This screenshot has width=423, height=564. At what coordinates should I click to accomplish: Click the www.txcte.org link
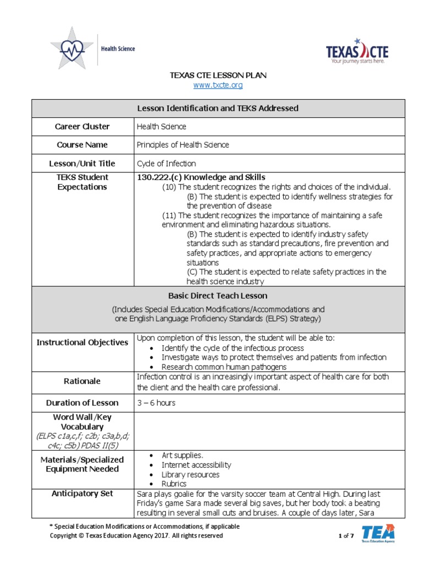pos(218,85)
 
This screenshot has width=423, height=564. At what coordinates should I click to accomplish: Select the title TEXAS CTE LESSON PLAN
pos(218,75)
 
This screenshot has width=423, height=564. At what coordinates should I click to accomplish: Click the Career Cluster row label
pos(82,126)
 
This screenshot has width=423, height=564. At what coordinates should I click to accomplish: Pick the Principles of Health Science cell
pos(183,145)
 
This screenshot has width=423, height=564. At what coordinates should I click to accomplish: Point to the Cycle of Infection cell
pos(166,164)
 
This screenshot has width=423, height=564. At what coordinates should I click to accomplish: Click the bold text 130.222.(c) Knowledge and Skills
pos(201,177)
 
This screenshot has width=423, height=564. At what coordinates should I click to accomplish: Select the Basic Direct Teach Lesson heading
pos(218,296)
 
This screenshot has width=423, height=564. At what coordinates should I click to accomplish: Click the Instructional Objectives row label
pos(82,343)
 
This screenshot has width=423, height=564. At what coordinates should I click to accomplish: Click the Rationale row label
pos(82,381)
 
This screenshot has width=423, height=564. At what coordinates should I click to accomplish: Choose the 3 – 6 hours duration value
pos(156,403)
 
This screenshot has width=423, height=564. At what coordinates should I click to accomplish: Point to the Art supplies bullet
pos(182,455)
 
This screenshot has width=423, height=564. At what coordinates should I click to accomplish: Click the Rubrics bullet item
pos(174,484)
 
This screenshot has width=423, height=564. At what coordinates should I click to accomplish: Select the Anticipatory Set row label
pos(82,493)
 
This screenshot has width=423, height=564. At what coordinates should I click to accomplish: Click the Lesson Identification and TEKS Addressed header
pos(218,108)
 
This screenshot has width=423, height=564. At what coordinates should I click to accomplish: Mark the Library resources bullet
pos(190,474)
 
